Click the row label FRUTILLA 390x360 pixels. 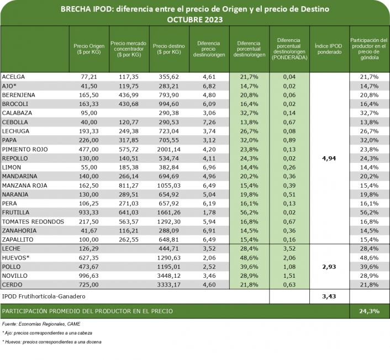pyautogui.click(x=17, y=213)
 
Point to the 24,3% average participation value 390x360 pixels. pyautogui.click(x=370, y=311)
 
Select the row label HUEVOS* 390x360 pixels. pyautogui.click(x=17, y=258)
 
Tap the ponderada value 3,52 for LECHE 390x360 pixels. pyautogui.click(x=289, y=248)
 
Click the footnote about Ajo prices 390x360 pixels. pyautogui.click(x=48, y=333)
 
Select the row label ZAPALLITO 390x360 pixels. pyautogui.click(x=19, y=240)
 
